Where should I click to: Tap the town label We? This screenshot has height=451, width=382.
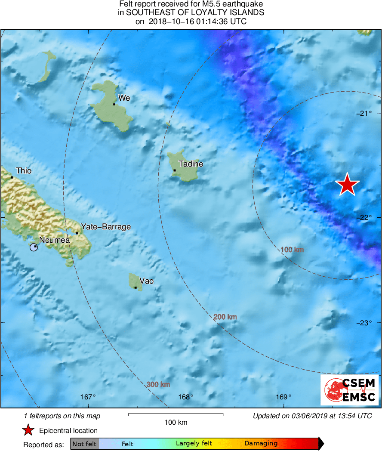(x=124, y=98)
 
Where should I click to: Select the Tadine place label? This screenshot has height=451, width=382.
(x=191, y=164)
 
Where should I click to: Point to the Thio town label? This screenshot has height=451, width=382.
(x=24, y=171)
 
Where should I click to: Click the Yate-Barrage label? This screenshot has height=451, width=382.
(x=106, y=227)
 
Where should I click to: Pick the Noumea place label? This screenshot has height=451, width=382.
(x=54, y=240)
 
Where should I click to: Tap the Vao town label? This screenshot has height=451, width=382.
(x=146, y=281)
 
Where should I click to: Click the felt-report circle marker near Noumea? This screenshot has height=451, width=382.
(x=34, y=247)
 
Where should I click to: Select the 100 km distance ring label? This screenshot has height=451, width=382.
(x=292, y=250)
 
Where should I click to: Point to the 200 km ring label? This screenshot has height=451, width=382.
(x=225, y=317)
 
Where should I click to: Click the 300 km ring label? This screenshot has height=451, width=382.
(x=158, y=384)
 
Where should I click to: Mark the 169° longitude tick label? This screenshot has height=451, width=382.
(x=283, y=397)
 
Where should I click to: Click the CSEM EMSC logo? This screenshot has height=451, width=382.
(x=350, y=389)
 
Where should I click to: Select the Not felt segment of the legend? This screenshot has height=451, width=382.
(x=84, y=444)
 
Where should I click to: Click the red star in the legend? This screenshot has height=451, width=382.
(x=28, y=430)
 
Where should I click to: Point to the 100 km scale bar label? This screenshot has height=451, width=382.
(x=176, y=423)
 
